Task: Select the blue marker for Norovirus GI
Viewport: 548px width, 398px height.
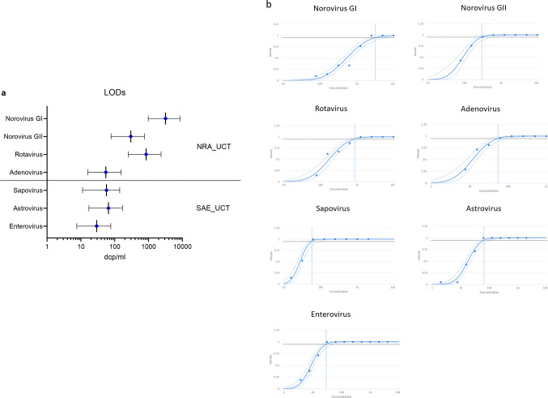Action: point(165,118)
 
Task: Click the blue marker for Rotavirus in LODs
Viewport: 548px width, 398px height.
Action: point(147,154)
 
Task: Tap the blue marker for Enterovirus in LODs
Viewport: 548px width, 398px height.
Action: point(96,226)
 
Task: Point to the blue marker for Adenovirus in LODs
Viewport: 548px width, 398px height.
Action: point(106,172)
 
